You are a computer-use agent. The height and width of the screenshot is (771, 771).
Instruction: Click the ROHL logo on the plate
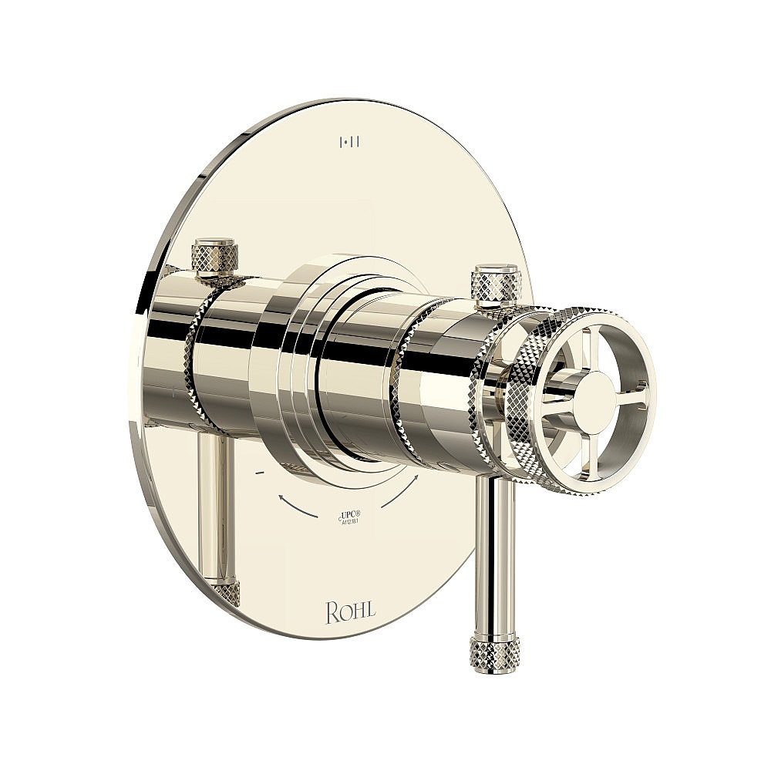(351, 612)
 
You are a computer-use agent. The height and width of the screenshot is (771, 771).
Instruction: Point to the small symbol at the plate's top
(351, 141)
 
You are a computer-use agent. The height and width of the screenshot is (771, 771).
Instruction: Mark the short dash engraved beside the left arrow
(259, 470)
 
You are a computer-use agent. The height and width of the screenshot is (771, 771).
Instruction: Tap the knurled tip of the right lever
(484, 651)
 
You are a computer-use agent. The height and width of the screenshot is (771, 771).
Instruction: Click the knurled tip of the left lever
(225, 592)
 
